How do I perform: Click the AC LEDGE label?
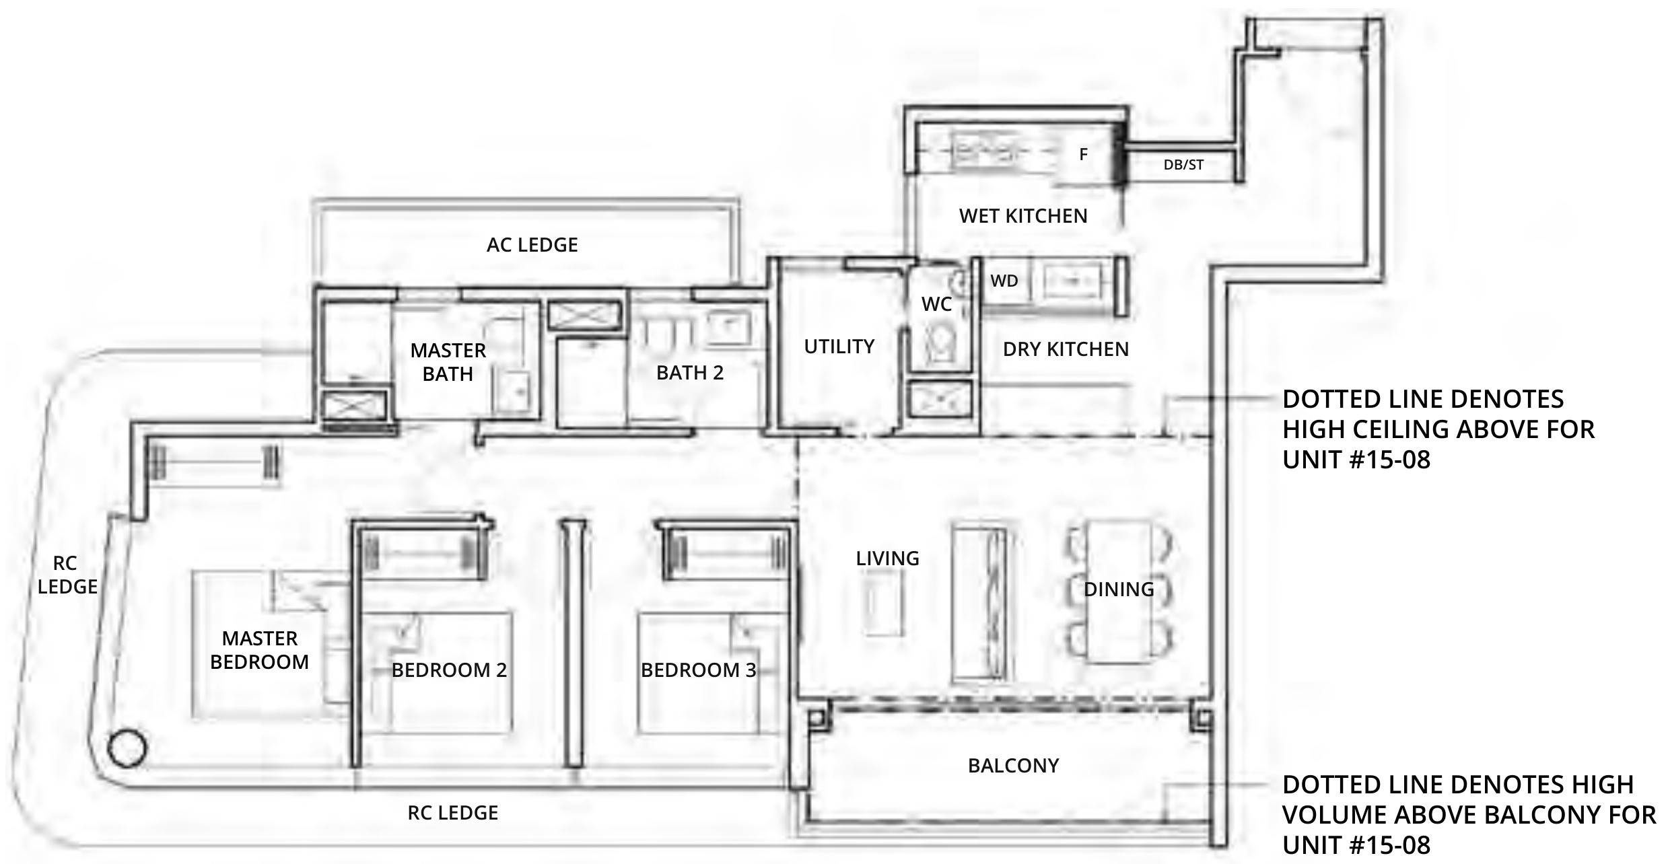(x=532, y=245)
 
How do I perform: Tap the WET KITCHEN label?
(x=1023, y=216)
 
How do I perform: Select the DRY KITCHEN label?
(x=1066, y=349)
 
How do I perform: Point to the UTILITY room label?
(x=839, y=347)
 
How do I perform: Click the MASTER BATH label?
(x=448, y=362)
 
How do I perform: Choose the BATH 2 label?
(x=690, y=373)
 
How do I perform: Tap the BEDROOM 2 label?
(x=449, y=670)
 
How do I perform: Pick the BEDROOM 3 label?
(x=698, y=670)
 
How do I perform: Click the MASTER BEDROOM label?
(x=259, y=650)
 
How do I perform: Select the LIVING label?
(x=887, y=559)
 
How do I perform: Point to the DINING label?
(x=1119, y=589)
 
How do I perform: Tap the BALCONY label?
(x=1013, y=766)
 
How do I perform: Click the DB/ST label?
(x=1183, y=165)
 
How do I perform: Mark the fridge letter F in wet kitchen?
(x=1083, y=155)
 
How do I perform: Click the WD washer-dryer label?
(x=1004, y=281)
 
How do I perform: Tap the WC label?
(x=936, y=304)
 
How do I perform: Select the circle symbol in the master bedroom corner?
(x=127, y=748)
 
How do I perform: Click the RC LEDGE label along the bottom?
(x=452, y=813)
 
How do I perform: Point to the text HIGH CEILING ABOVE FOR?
(x=1438, y=429)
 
